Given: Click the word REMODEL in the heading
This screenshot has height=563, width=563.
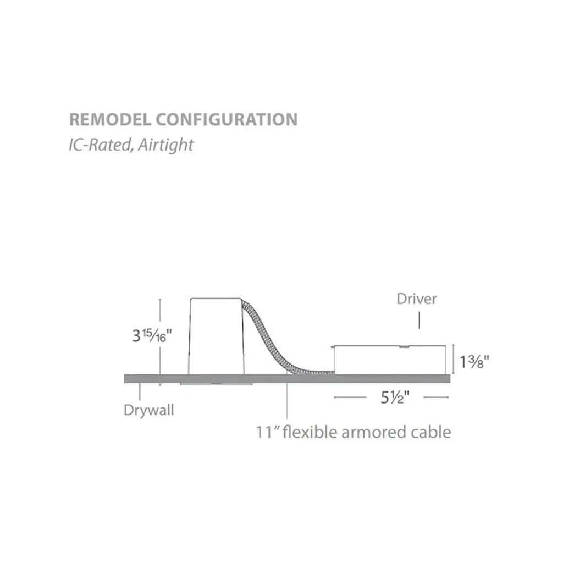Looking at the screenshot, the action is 110,119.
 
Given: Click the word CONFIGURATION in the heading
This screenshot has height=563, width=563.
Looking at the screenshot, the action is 227,119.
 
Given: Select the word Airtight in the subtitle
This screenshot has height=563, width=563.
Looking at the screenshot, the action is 165,145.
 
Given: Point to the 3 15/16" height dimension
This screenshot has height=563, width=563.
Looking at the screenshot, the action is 152,336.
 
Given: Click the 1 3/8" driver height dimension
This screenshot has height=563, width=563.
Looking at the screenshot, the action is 474,362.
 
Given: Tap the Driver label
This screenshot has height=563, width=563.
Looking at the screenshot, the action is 417,299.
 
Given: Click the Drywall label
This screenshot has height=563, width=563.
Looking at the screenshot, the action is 148,410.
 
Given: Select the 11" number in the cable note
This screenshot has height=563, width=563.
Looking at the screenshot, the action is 268,432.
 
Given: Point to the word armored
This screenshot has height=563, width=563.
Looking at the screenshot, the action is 374,432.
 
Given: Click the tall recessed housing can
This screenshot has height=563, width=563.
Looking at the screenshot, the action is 216,336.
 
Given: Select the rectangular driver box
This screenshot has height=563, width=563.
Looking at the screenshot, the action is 390,360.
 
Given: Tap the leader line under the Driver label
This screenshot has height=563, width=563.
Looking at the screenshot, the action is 419,321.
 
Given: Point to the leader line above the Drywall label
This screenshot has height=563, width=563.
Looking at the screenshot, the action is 140,391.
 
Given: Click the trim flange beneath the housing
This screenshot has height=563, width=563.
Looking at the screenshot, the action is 216,384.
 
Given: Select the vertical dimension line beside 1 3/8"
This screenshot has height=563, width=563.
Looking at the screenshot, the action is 454,360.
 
